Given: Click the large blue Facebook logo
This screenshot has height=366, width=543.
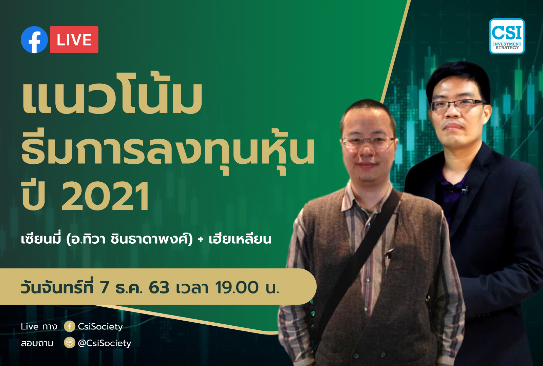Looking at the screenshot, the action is pos(34,40).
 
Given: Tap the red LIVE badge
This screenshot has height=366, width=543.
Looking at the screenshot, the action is pos(74,40).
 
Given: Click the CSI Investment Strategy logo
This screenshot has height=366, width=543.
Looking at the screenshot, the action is pos(507,36).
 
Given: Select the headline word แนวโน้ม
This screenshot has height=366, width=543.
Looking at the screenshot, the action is pos(112,95).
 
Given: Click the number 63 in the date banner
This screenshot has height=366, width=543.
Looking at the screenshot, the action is pos(159,288).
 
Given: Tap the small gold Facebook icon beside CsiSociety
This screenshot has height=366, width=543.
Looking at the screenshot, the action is pos(70,326).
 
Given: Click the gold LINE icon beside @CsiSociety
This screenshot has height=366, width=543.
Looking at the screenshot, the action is pos(70,343).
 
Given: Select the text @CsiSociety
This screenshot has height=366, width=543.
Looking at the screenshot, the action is pos(105,343).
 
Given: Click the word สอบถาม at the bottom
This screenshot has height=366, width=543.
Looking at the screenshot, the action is pos(37,343).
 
